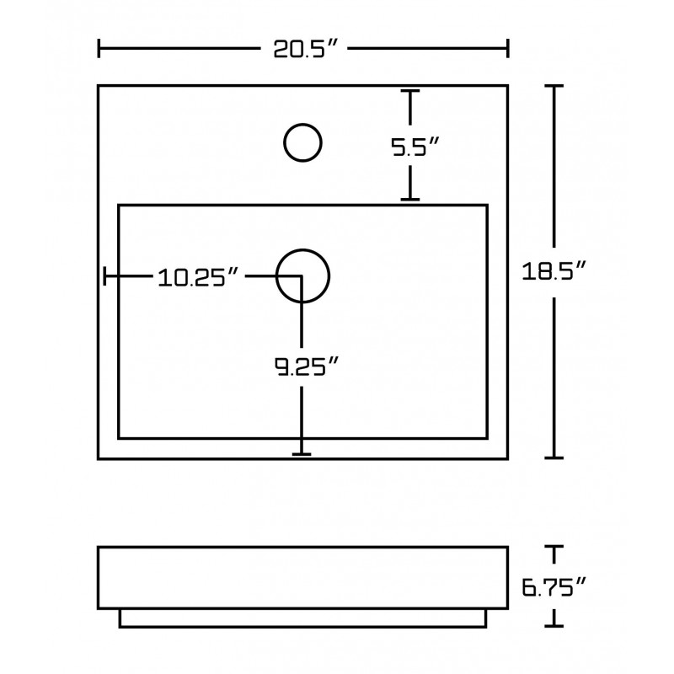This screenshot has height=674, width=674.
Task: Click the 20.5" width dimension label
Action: (x=304, y=48)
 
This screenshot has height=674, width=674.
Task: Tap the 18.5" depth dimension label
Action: (x=554, y=271)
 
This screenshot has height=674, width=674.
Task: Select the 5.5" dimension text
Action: (x=415, y=147)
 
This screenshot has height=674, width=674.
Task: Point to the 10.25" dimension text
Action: (x=198, y=277)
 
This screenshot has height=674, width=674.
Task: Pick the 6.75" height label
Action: (x=554, y=587)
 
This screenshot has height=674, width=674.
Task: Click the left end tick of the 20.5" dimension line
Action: (x=99, y=48)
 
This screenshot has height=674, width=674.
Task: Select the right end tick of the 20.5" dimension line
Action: (x=508, y=48)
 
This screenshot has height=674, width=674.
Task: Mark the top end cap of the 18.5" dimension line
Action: (x=554, y=87)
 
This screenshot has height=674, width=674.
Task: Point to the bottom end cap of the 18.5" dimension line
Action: (x=554, y=457)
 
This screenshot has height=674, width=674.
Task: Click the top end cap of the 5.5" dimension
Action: (x=410, y=91)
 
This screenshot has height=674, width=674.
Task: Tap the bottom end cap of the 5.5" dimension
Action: (x=410, y=200)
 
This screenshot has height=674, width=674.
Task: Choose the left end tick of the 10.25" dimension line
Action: (x=104, y=276)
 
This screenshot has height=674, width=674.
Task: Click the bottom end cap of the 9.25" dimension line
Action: (x=302, y=454)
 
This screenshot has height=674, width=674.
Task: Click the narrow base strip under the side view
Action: (x=302, y=618)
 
